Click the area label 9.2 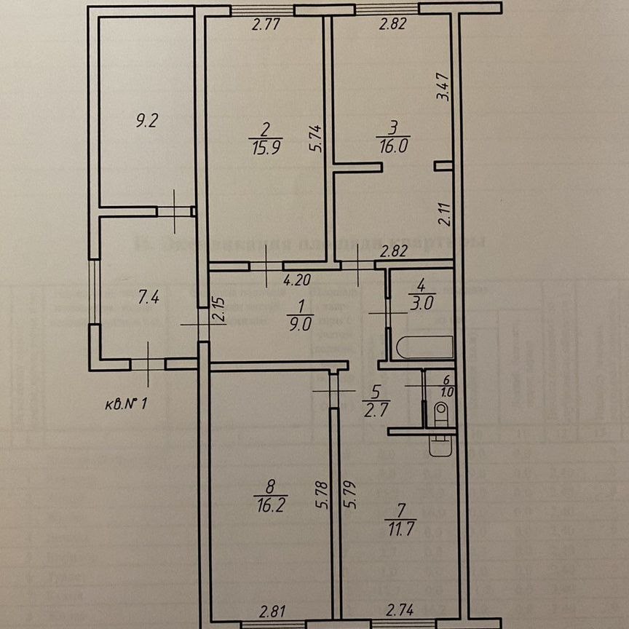(147, 122)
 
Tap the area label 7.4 (147, 296)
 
